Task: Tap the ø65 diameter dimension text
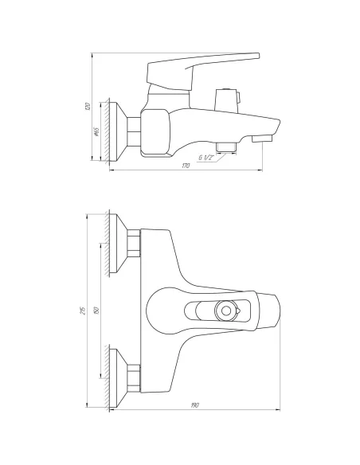pyautogui.click(x=96, y=132)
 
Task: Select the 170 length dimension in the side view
pyautogui.click(x=186, y=166)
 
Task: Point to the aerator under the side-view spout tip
pyautogui.click(x=260, y=140)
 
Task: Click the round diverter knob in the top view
pyautogui.click(x=229, y=311)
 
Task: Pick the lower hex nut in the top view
pyautogui.click(x=135, y=377)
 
